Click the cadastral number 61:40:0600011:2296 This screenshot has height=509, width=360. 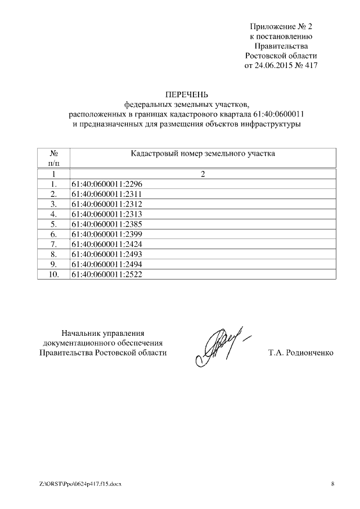(x=106, y=183)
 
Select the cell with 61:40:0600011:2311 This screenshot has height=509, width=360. (x=106, y=193)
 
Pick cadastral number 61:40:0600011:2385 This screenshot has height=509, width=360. (x=106, y=224)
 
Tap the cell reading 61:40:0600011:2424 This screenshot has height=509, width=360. (x=106, y=244)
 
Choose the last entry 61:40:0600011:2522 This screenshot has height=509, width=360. (x=106, y=274)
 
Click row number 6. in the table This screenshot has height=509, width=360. (x=54, y=234)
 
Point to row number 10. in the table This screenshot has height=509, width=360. (x=54, y=274)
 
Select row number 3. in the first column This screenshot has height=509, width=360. (x=54, y=204)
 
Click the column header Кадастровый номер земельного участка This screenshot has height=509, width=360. (x=202, y=154)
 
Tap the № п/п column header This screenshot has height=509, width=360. (x=54, y=158)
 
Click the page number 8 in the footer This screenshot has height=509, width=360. (x=332, y=484)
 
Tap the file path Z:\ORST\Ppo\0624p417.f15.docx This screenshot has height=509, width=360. (x=81, y=484)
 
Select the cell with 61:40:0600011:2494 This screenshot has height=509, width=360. (x=106, y=264)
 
